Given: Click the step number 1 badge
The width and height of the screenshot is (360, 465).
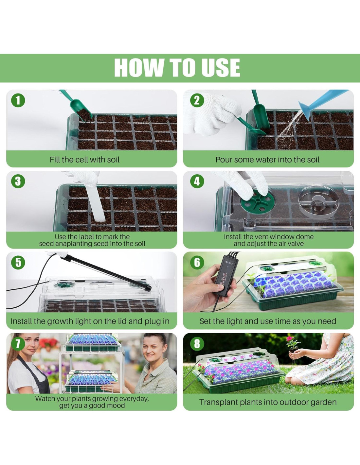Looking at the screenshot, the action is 18,100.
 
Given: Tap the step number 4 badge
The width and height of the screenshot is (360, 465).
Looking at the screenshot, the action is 197,181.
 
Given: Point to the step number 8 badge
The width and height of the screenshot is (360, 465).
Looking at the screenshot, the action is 197,344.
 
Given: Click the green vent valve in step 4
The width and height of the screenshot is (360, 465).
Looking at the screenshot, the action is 258,201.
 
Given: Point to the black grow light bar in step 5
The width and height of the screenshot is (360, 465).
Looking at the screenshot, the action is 106,272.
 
